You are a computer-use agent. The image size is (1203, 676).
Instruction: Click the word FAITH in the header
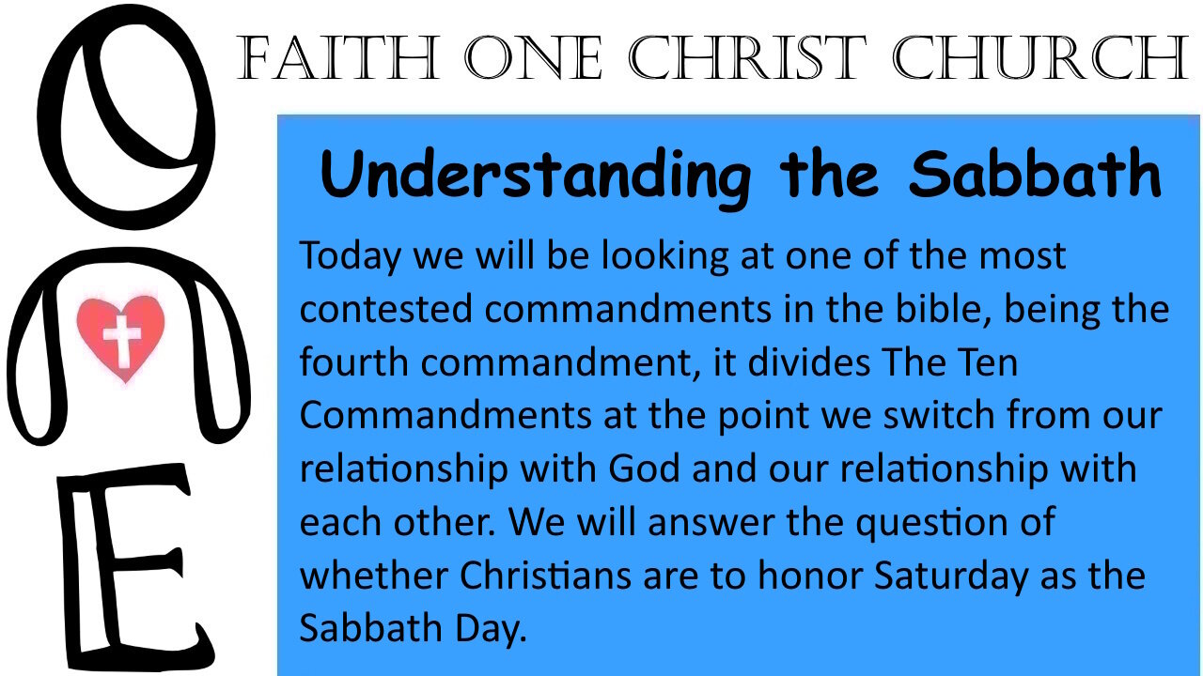[338, 57]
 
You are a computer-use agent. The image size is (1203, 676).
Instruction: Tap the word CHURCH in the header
[1040, 57]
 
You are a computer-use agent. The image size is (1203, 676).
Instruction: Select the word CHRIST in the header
[747, 57]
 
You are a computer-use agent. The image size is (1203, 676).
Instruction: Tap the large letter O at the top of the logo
[126, 116]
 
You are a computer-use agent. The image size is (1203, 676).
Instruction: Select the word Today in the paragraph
[351, 256]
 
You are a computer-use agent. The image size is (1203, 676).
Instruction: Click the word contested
[386, 309]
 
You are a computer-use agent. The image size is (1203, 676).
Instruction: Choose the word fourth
[354, 362]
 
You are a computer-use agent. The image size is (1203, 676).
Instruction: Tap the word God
[644, 469]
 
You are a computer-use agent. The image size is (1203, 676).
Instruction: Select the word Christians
[545, 576]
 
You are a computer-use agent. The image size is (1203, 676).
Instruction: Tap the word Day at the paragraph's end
[491, 629]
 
